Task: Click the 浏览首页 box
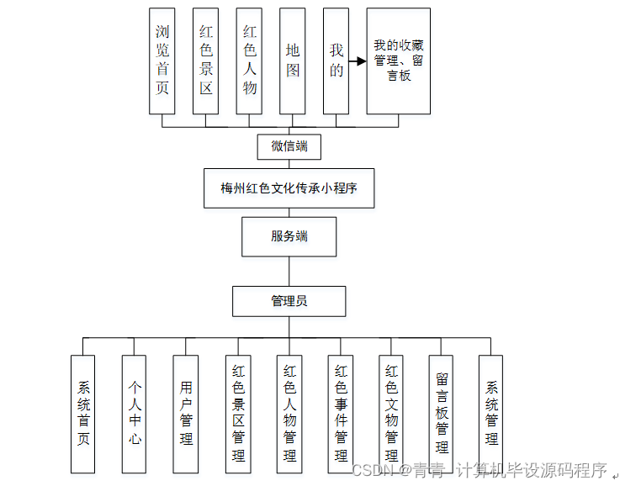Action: pyautogui.click(x=162, y=61)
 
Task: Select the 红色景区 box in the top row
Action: pyautogui.click(x=206, y=61)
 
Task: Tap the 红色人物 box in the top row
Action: pyautogui.click(x=250, y=61)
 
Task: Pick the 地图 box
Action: pyautogui.click(x=293, y=61)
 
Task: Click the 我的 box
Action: pyautogui.click(x=336, y=61)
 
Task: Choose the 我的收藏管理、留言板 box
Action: pyautogui.click(x=398, y=61)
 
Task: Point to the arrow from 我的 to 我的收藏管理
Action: pyautogui.click(x=358, y=61)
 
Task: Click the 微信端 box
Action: pyautogui.click(x=289, y=146)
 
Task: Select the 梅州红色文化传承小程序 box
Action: pyautogui.click(x=289, y=188)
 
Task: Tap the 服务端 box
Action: pyautogui.click(x=289, y=236)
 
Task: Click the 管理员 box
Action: pyautogui.click(x=289, y=300)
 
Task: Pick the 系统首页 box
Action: pyautogui.click(x=83, y=413)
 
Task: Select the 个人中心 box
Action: pyautogui.click(x=135, y=413)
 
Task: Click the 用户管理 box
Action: pyautogui.click(x=186, y=413)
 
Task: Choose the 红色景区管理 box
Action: pyautogui.click(x=238, y=413)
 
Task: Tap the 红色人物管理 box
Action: pyautogui.click(x=289, y=413)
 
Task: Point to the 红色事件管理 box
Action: pyautogui.click(x=341, y=413)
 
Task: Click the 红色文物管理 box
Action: pyautogui.click(x=391, y=413)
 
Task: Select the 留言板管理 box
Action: pyautogui.click(x=442, y=413)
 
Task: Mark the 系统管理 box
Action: pyautogui.click(x=491, y=413)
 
